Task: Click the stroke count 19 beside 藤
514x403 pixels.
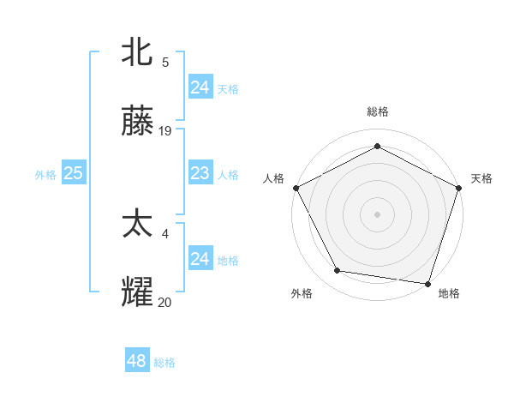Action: coord(165,131)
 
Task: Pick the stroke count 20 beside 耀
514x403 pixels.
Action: coord(165,301)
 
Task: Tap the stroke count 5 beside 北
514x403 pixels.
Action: coord(165,62)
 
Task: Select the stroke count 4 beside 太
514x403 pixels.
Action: coord(165,232)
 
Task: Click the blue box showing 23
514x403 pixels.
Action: coord(200,173)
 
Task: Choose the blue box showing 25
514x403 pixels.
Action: coord(73,173)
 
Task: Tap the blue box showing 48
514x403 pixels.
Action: coord(136,361)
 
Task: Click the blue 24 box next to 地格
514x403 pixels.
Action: coord(200,259)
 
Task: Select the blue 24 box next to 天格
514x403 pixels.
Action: coord(200,87)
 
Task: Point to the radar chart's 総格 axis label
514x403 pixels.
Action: coord(377,111)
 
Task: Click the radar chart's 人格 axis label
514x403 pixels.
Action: coord(274,178)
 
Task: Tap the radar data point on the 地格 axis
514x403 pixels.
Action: coord(427,283)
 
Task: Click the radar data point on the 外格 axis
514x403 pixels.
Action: coord(338,271)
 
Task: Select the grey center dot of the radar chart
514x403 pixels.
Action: coord(377,214)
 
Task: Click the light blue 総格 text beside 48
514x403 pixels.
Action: coord(164,363)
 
